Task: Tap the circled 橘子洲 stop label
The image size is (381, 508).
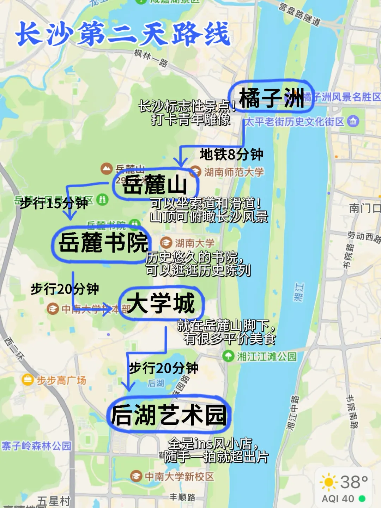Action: pos(271,97)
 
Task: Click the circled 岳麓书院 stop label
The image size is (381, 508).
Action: pos(102,243)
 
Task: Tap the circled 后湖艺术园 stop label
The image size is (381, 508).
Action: pos(169,415)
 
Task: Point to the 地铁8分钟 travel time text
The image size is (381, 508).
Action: pos(231,155)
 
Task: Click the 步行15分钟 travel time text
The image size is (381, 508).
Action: pos(54,203)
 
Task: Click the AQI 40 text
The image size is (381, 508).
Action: pos(338,499)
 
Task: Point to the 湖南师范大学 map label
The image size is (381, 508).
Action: pos(234,172)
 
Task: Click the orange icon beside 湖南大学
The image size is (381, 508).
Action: pos(166,243)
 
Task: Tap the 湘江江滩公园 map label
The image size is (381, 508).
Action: pos(267,356)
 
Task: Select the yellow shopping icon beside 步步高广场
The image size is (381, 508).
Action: pos(28,380)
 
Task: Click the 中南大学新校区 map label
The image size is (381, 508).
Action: pos(179,477)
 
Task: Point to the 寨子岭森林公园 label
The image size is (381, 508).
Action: pos(36,446)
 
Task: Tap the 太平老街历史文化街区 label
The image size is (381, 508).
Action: pos(294,122)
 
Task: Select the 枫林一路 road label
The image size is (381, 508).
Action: pos(151,58)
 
